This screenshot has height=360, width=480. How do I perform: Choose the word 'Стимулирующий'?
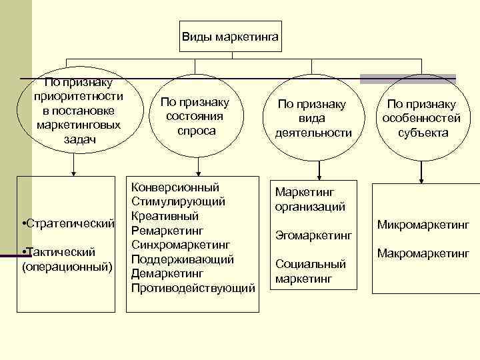tap(178, 201)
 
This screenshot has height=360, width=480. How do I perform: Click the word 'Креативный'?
tap(165, 216)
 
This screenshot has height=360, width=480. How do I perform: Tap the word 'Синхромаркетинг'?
tap(181, 245)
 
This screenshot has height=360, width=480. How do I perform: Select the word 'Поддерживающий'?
tap(183, 259)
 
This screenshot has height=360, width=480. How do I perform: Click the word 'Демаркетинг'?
tap(167, 273)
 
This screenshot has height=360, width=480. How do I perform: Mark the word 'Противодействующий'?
tap(193, 288)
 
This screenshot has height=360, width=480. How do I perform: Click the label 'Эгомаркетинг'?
tap(313, 235)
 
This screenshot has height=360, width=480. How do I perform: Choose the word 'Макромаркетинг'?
tap(423, 253)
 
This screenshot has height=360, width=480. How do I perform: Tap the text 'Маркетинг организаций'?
tap(310, 199)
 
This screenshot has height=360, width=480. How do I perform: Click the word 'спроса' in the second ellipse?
tap(197, 131)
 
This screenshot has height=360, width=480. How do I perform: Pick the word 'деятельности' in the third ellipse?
tap(313, 133)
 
